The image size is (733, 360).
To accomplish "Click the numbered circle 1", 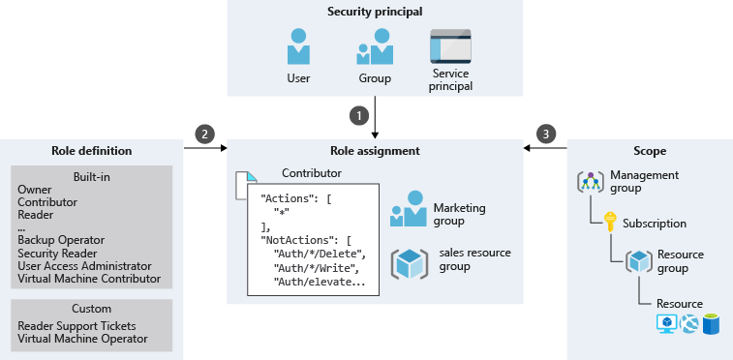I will pos(360,114).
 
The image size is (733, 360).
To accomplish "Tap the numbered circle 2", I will pos(204,134).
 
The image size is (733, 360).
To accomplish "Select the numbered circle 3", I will pos(547,134).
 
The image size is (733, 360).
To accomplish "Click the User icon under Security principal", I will pos(298,46).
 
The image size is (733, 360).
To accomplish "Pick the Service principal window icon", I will pos(450,45).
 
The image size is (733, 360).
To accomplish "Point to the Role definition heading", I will pos(91,151).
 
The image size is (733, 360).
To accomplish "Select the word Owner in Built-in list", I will pos(35,190).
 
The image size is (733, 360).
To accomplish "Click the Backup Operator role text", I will pos(61,239).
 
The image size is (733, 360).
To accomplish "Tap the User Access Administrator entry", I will pos(84,265).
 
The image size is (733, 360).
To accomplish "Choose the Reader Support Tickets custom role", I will pos(76,326).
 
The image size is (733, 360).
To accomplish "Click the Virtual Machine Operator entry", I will pos(82,339).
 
